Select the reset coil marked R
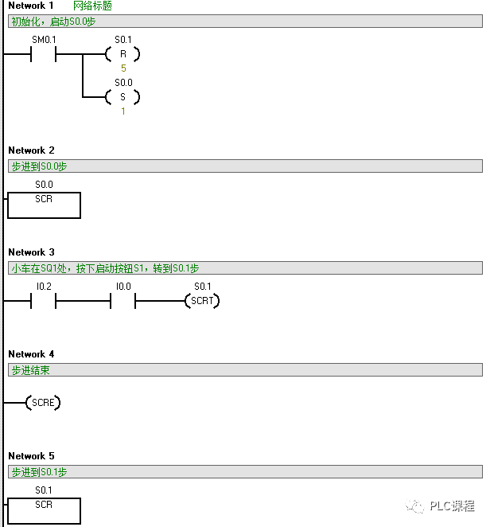pyautogui.click(x=122, y=54)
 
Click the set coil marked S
pyautogui.click(x=122, y=97)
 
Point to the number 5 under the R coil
pyautogui.click(x=122, y=68)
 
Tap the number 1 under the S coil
pyautogui.click(x=122, y=111)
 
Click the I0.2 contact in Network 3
pyautogui.click(x=44, y=301)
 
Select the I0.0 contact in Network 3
pyautogui.click(x=123, y=301)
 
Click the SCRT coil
pyautogui.click(x=202, y=301)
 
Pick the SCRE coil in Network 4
pyautogui.click(x=43, y=403)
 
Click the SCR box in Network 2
pyautogui.click(x=44, y=205)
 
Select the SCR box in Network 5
pyautogui.click(x=44, y=510)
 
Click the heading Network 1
pyautogui.click(x=32, y=6)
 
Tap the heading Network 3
pyautogui.click(x=32, y=252)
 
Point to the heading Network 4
pyautogui.click(x=32, y=354)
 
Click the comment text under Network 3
pyautogui.click(x=105, y=268)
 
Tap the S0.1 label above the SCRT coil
pyautogui.click(x=202, y=286)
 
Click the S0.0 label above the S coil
pyautogui.click(x=123, y=82)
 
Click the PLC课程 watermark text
pyautogui.click(x=452, y=506)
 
